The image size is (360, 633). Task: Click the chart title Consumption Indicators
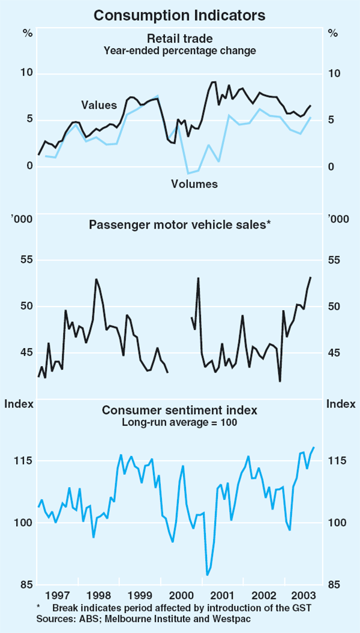pyautogui.click(x=179, y=12)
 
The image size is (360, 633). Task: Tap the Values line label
pyautogui.click(x=99, y=106)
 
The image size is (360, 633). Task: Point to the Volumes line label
pyautogui.click(x=194, y=184)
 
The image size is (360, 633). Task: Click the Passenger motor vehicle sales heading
pyautogui.click(x=180, y=225)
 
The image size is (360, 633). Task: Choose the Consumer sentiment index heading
pyautogui.click(x=179, y=410)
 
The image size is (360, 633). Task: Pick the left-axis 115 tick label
pyautogui.click(x=23, y=461)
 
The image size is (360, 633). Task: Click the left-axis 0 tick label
pyautogui.click(x=29, y=166)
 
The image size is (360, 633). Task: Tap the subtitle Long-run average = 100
pyautogui.click(x=179, y=422)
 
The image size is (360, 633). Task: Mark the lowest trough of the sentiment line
pyautogui.click(x=208, y=575)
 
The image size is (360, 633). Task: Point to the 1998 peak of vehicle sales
pyautogui.click(x=96, y=279)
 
